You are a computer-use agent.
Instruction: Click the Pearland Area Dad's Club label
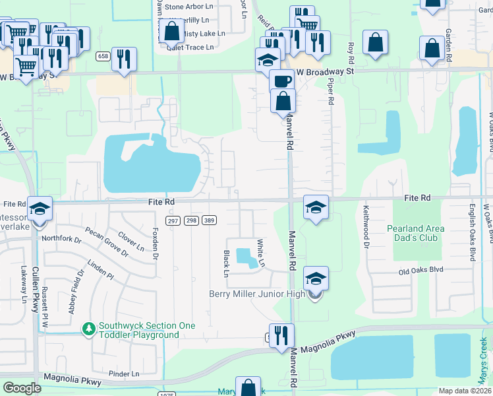(415, 233)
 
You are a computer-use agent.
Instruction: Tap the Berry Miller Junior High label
(257, 294)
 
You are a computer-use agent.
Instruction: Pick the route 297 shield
(173, 220)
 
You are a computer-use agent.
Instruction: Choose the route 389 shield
(210, 220)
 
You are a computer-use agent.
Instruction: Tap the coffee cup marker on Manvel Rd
(281, 81)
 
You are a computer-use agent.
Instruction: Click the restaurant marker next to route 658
(124, 59)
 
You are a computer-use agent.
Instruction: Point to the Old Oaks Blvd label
(420, 271)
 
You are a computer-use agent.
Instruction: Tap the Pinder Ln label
(125, 374)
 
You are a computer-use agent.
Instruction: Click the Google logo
(22, 388)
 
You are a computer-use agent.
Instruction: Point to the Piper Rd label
(331, 90)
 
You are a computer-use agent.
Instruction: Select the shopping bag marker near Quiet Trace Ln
(171, 31)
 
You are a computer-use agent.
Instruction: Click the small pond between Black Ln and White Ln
(246, 258)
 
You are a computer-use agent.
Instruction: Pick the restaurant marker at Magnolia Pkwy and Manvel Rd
(281, 335)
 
